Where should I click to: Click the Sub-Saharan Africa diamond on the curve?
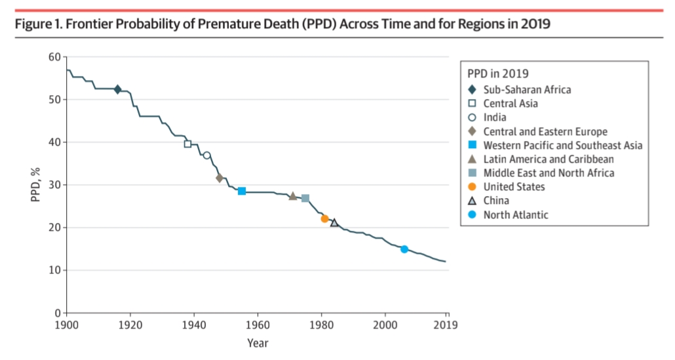tap(117, 89)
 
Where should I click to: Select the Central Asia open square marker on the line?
tap(187, 144)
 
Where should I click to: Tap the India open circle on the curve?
tap(206, 155)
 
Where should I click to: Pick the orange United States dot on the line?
tap(324, 218)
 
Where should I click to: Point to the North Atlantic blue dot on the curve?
tap(404, 249)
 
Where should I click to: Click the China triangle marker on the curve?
tap(334, 223)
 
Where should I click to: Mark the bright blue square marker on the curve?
tap(242, 191)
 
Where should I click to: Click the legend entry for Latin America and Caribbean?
tap(549, 159)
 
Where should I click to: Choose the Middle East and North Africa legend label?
tap(549, 173)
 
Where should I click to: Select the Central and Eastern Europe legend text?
tap(545, 132)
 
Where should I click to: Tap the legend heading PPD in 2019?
tap(498, 73)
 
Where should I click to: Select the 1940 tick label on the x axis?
tap(193, 325)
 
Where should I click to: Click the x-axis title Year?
tap(258, 342)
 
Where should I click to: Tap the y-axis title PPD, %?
tap(35, 185)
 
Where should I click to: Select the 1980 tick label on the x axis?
tap(320, 325)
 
